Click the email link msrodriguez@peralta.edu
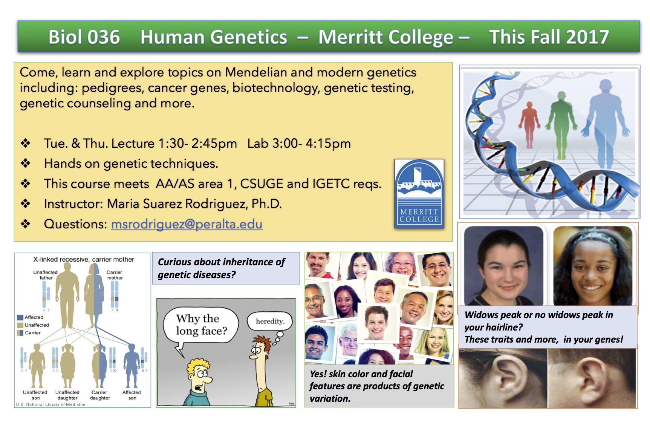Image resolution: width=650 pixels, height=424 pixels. (187, 224)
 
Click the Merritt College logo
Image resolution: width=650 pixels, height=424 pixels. (419, 193)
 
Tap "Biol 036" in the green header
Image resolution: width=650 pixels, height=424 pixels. (84, 37)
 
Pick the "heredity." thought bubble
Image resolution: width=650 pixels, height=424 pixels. (270, 321)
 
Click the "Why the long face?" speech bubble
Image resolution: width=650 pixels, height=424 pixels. (201, 325)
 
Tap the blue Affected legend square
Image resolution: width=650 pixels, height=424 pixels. (20, 317)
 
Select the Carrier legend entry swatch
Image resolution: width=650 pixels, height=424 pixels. (20, 333)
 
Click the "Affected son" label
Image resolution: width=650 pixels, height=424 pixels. (132, 395)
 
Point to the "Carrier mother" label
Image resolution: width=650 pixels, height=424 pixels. (115, 275)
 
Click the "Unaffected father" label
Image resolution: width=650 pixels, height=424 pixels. (46, 275)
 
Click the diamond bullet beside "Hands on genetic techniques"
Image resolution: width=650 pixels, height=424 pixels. (25, 163)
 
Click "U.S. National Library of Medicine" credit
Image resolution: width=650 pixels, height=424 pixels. (50, 404)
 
